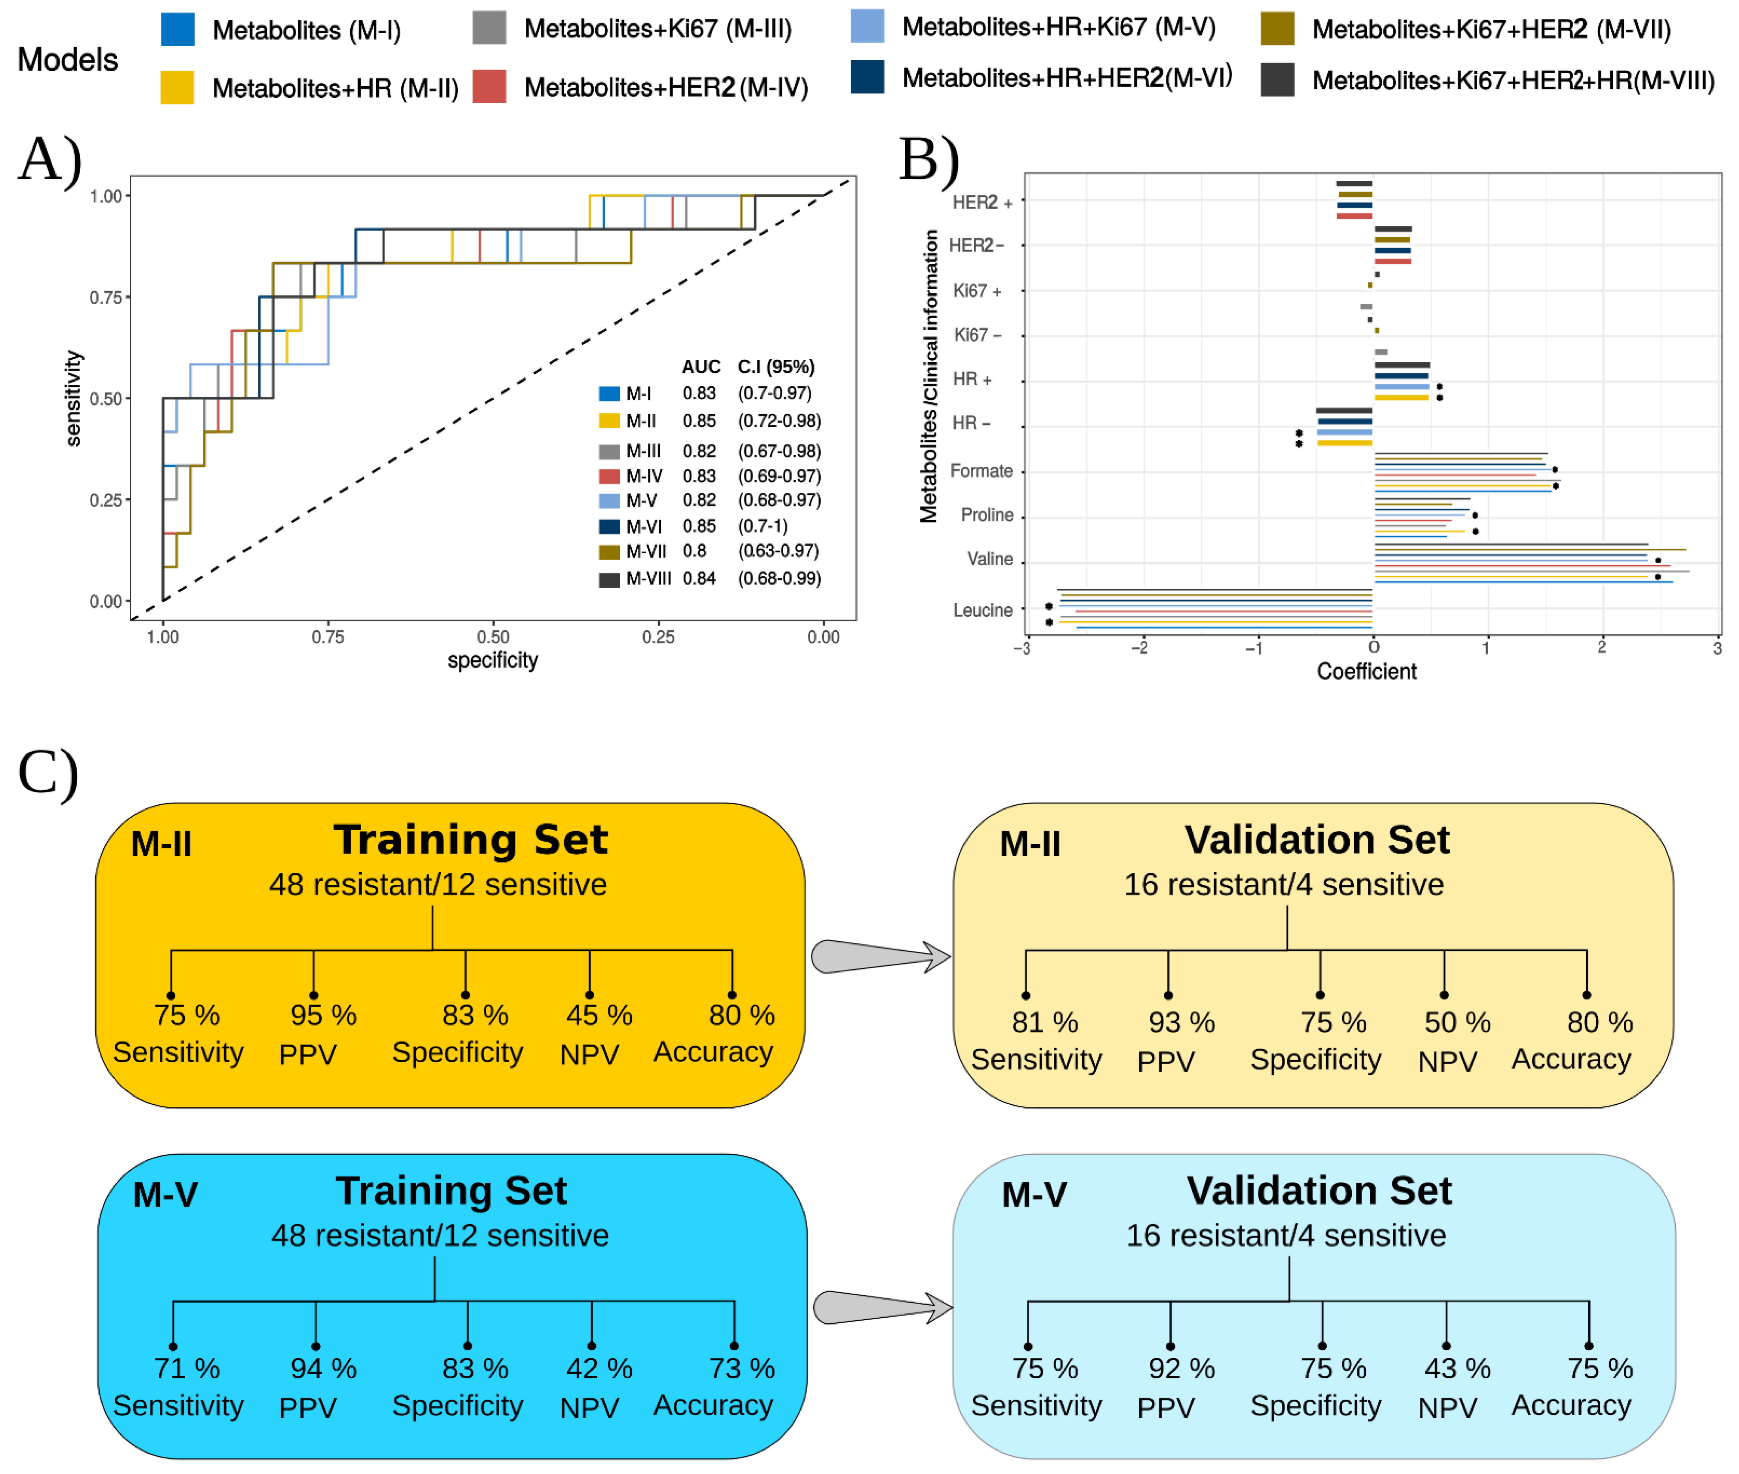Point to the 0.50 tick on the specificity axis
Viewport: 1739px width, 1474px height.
click(493, 637)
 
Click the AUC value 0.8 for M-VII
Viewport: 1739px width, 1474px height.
click(694, 551)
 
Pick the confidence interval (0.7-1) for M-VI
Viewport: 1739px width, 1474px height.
click(762, 526)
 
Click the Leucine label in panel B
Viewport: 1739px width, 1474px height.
click(983, 610)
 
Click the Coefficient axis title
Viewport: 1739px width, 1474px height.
click(1366, 671)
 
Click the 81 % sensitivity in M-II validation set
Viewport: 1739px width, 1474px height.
click(1045, 1022)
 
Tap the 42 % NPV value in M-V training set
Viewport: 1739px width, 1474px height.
click(599, 1368)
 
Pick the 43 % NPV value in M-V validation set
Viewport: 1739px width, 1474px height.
click(1457, 1368)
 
